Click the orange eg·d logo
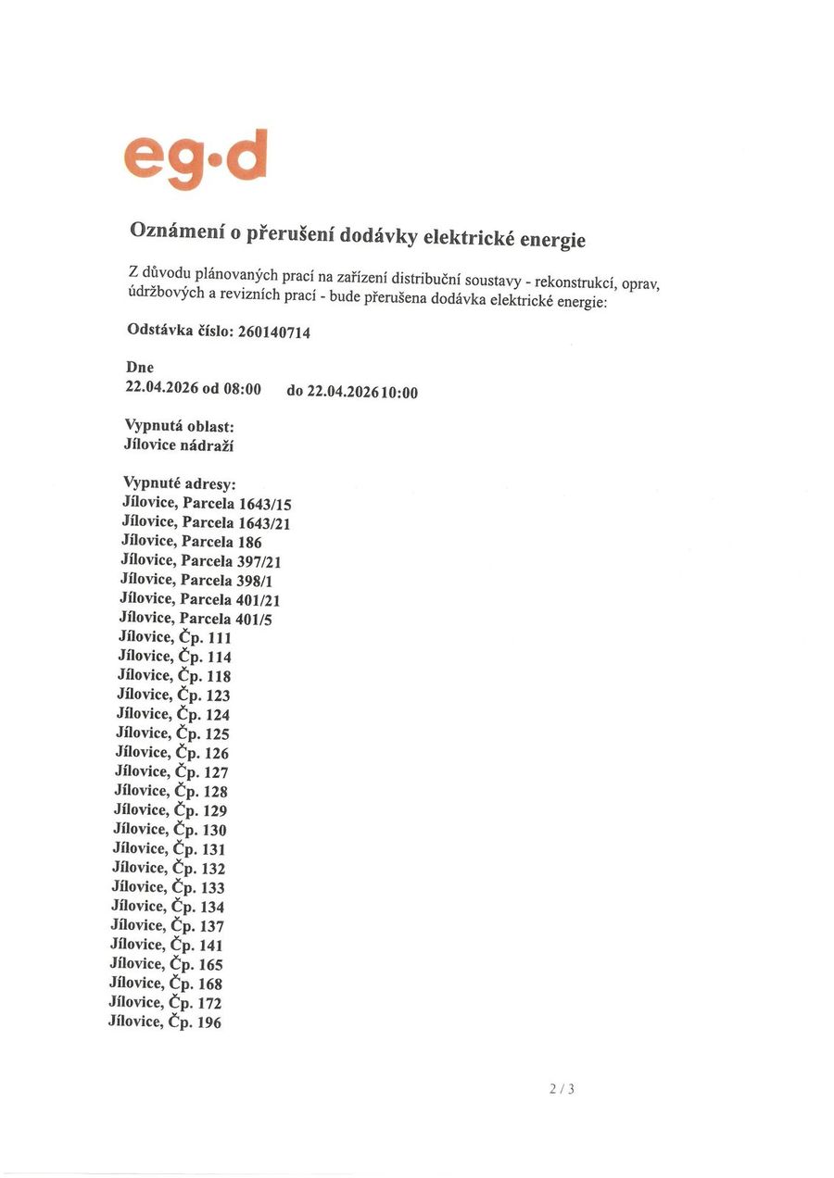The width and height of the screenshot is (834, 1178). click(x=196, y=158)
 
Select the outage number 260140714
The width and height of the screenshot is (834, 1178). click(x=273, y=332)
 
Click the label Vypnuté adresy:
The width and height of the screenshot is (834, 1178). click(x=180, y=483)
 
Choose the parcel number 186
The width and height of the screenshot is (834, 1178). click(x=249, y=542)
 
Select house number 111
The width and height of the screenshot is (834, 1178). click(x=220, y=638)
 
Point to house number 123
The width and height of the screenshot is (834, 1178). click(x=218, y=696)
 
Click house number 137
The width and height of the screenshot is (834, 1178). click(x=212, y=926)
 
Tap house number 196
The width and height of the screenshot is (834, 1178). click(x=209, y=1022)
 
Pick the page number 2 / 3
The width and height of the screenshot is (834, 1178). click(x=562, y=1089)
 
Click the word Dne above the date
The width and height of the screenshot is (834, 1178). click(x=139, y=368)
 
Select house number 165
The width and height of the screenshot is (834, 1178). click(x=211, y=965)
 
